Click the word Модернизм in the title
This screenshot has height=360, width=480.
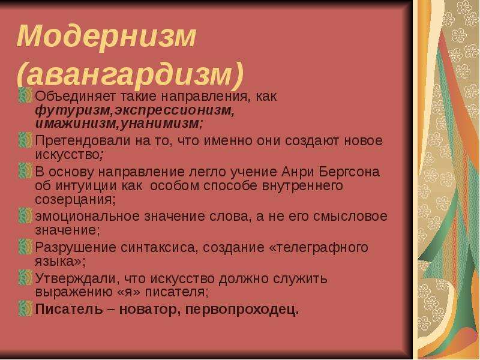tap(106, 36)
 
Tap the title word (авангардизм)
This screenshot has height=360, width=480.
tap(130, 74)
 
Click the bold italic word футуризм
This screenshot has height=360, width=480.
tap(72, 110)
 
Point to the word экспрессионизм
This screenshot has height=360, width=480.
tap(175, 110)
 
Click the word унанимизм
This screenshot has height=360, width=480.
tap(160, 123)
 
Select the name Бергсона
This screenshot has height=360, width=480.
tap(349, 172)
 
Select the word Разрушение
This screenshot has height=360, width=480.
tap(76, 247)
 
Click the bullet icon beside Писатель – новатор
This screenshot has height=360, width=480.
tap(25, 308)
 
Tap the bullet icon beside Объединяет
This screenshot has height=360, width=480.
tap(25, 95)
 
